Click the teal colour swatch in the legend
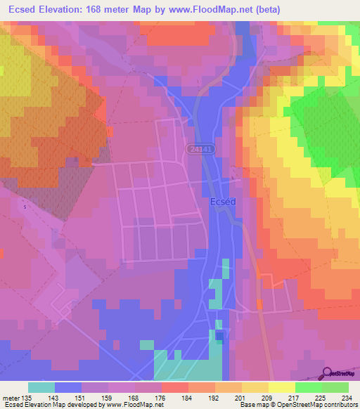pyautogui.click(x=41, y=388)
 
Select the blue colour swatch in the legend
pyautogui.click(x=68, y=388)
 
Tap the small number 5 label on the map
pyautogui.click(x=25, y=207)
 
